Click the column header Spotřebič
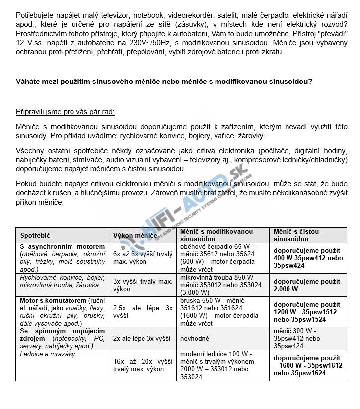point(35,235)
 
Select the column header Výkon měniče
point(135,235)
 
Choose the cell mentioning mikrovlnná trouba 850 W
point(220,285)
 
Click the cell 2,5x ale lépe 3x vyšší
point(142,311)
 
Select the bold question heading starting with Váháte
point(164,82)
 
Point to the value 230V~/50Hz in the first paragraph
point(140,43)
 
